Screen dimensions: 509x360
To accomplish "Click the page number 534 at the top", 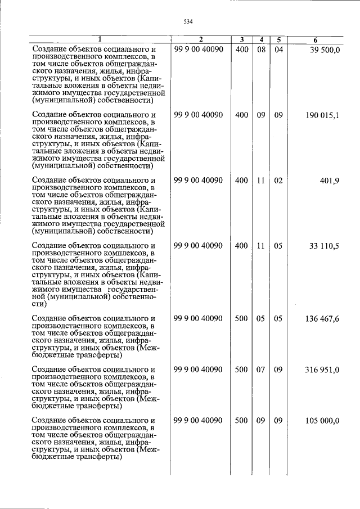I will coord(188,22).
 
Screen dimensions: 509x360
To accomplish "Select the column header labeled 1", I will coord(100,40).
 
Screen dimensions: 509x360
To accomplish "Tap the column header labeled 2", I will coord(200,40).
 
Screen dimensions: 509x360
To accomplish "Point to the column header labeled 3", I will coord(241,40).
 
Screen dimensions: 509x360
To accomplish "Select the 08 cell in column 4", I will coord(261,50).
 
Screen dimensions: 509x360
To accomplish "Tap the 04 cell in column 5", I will coord(278,50).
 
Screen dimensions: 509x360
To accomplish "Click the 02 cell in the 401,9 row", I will coord(278,181).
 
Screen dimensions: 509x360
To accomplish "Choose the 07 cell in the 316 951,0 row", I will coord(261,370).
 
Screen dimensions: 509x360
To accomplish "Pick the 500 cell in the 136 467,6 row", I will coord(241,319).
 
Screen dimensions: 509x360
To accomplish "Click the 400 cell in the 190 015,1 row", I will coord(241,115).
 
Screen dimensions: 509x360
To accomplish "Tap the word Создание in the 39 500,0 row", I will coord(49,50).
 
